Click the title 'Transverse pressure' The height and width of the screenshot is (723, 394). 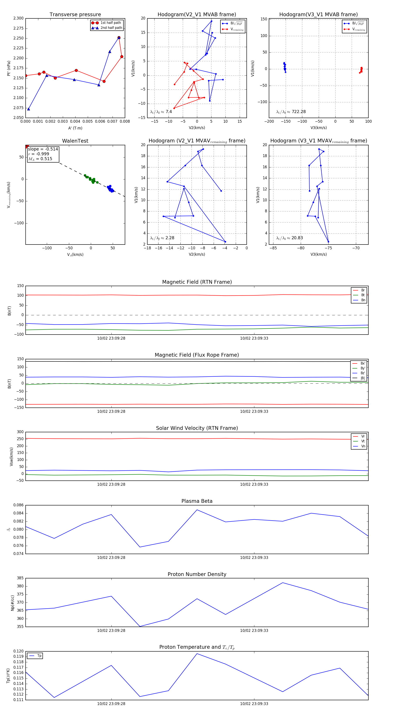[75, 15]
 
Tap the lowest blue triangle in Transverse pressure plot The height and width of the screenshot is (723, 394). [29, 109]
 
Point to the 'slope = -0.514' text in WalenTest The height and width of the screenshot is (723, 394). [43, 149]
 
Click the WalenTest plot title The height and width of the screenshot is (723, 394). [75, 141]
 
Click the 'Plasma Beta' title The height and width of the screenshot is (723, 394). [197, 501]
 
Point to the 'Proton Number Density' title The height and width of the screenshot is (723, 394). [197, 574]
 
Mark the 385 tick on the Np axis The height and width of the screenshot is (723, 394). [20, 578]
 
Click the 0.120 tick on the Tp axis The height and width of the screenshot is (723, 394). [19, 651]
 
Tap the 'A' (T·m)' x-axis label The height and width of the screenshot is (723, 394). [75, 128]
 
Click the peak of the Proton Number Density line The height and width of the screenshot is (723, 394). [283, 583]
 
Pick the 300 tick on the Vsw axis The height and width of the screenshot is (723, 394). [20, 432]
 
